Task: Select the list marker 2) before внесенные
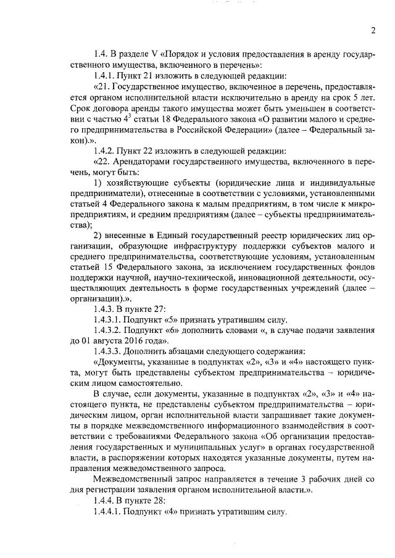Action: pos(98,236)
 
